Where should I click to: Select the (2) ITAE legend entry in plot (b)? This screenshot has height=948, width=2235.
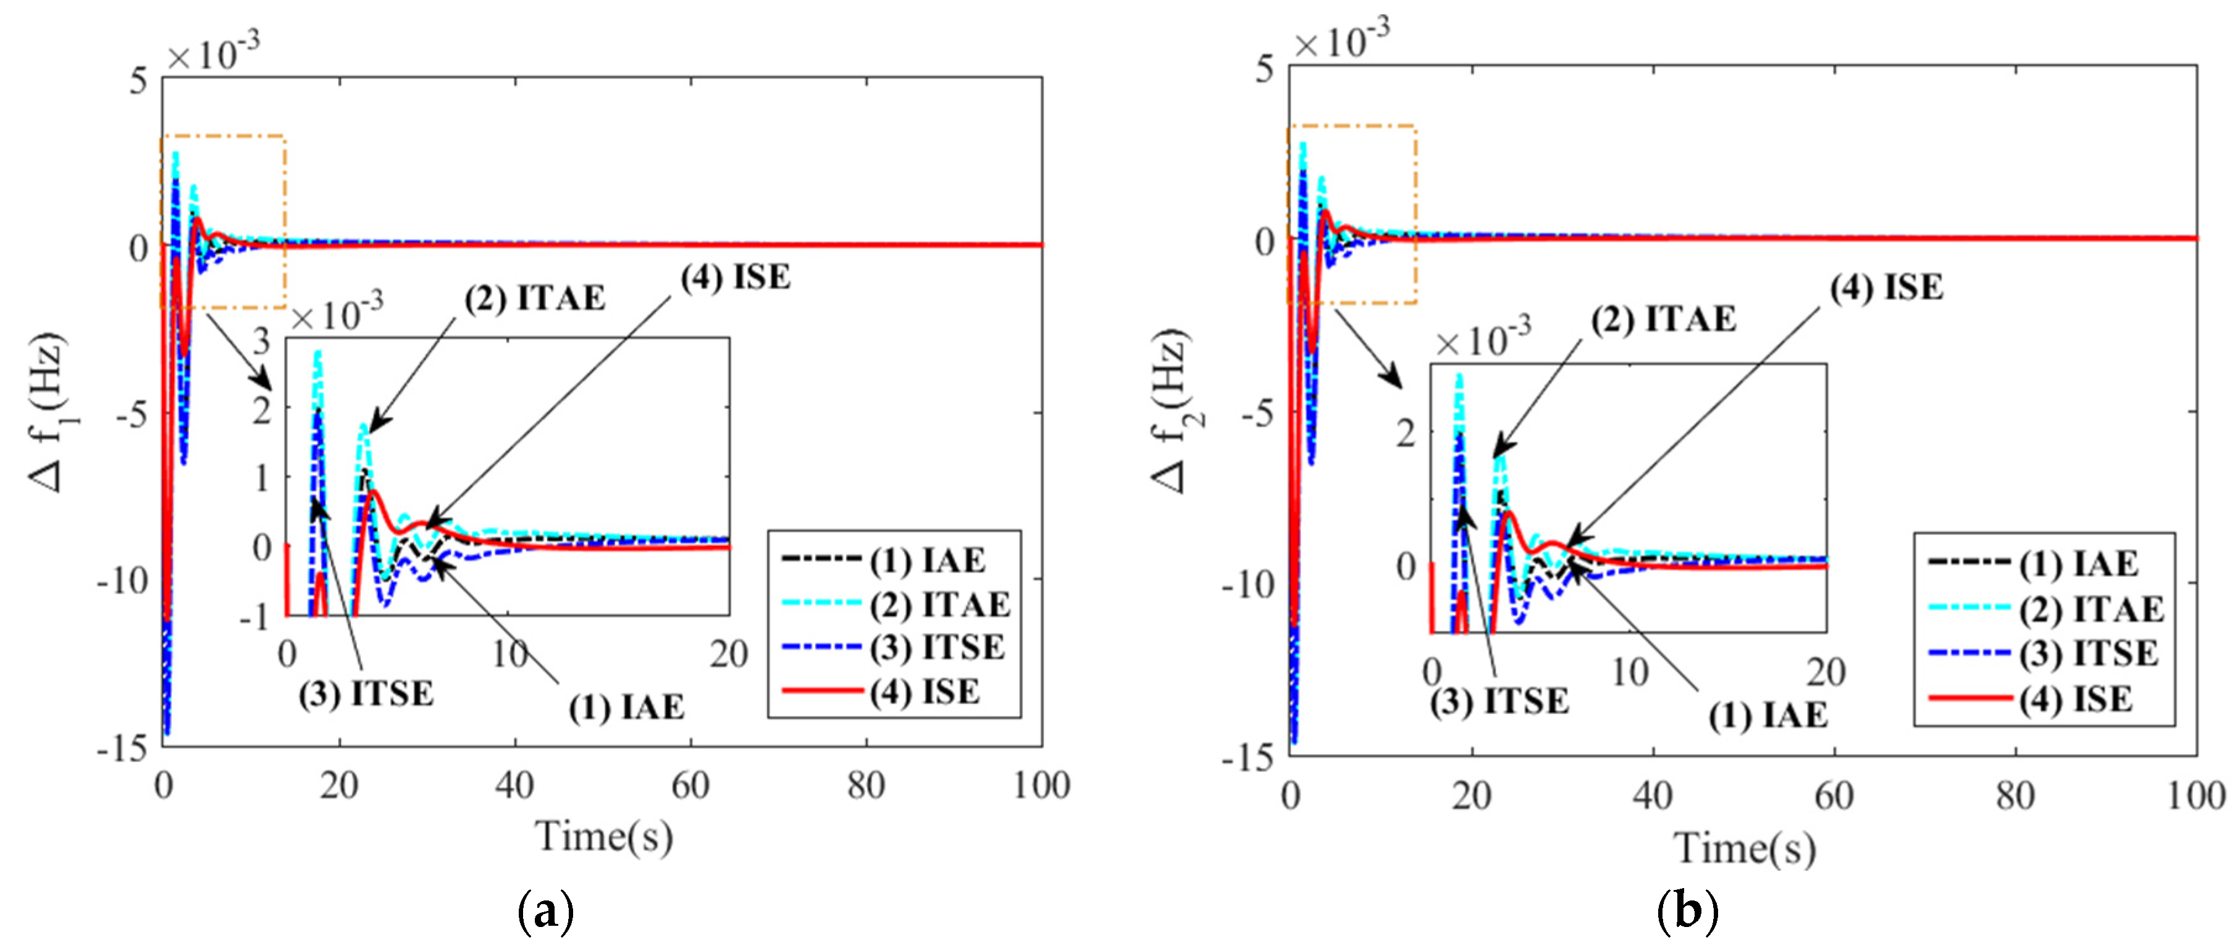pyautogui.click(x=2091, y=609)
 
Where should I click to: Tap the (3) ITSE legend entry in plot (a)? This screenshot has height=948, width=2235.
pyautogui.click(x=936, y=648)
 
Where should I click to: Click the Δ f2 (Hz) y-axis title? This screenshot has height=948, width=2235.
pyautogui.click(x=1173, y=411)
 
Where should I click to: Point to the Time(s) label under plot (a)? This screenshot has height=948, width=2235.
pyautogui.click(x=604, y=837)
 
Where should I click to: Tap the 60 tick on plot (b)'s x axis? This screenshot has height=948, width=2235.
pyautogui.click(x=1834, y=795)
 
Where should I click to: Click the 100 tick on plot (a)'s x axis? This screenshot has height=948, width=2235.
pyautogui.click(x=1041, y=786)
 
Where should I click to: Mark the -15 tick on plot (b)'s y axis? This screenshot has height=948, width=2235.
pyautogui.click(x=1247, y=758)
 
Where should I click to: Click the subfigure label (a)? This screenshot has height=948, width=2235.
pyautogui.click(x=545, y=912)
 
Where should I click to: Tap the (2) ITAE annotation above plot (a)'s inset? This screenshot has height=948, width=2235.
pyautogui.click(x=534, y=298)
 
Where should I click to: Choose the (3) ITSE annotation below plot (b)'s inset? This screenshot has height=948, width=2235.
pyautogui.click(x=1499, y=701)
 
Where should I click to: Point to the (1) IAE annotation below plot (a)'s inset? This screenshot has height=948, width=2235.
pyautogui.click(x=626, y=708)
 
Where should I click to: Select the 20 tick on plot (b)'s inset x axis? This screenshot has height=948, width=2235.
pyautogui.click(x=1826, y=672)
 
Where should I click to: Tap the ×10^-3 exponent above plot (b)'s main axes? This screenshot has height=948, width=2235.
pyautogui.click(x=1341, y=38)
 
